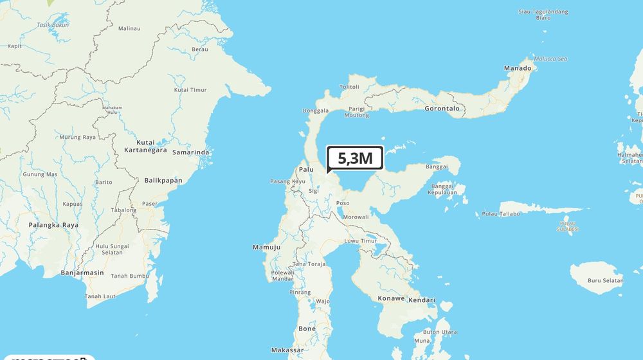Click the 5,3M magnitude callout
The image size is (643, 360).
coord(355,158)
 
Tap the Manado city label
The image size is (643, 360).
coord(518,68)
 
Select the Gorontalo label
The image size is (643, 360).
coord(442,109)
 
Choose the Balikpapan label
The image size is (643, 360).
coord(163,181)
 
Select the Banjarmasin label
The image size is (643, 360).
coord(82,273)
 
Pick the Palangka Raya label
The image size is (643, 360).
coord(53,225)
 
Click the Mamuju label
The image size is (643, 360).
coord(267,247)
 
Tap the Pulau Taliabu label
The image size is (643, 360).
coord(500,214)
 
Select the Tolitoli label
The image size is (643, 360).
coord(349,86)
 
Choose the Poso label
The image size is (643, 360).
coord(343,203)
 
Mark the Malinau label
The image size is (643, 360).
coord(129,28)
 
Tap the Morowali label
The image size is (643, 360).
coord(356,217)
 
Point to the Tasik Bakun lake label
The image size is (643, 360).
coord(52,25)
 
